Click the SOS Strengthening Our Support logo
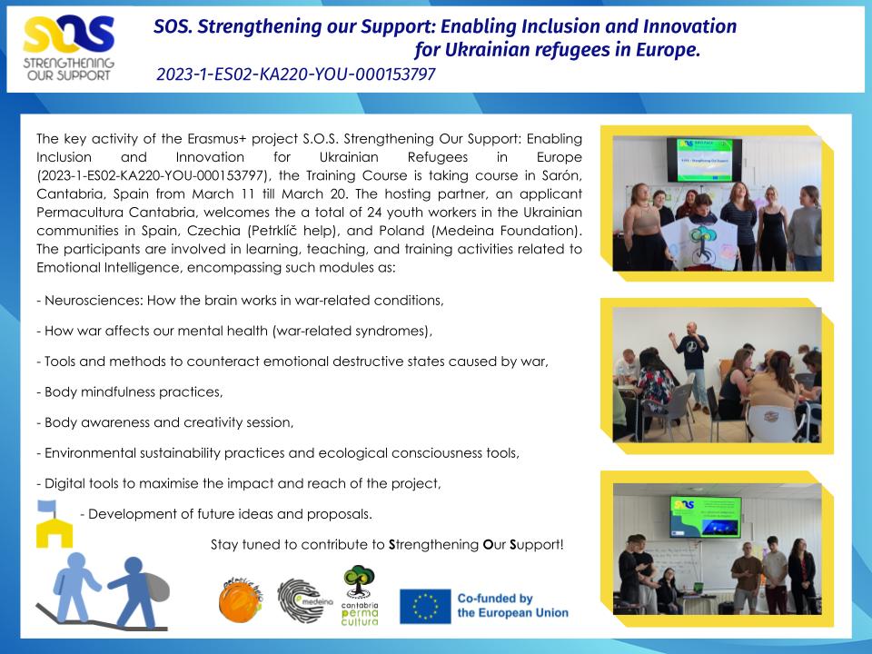coord(68,48)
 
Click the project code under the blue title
coord(296,74)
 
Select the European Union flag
coord(425,606)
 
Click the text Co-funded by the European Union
coord(512,606)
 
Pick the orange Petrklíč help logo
coord(240,599)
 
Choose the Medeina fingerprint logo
coord(304,600)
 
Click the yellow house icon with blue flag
coord(54,524)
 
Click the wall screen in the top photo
coord(704,160)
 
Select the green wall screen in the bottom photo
coord(705,517)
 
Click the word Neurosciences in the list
coord(94,301)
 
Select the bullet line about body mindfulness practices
coord(130,392)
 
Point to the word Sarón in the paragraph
coord(561,175)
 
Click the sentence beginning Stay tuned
coord(387,544)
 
